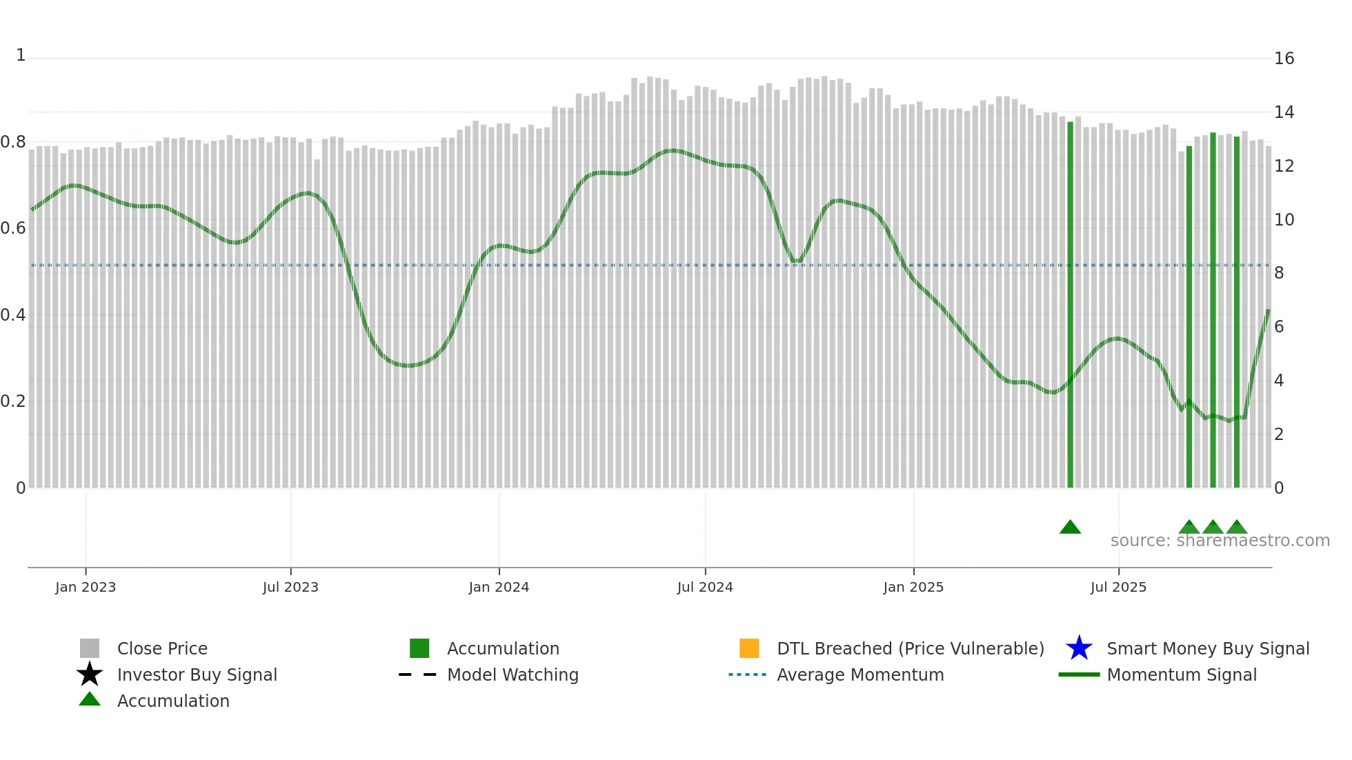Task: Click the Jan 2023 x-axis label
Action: tap(86, 587)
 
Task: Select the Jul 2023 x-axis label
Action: tap(290, 587)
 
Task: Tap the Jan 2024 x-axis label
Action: tap(499, 587)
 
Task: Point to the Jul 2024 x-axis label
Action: tap(705, 587)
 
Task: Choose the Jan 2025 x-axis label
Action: tap(913, 587)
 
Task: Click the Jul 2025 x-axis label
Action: tap(1118, 587)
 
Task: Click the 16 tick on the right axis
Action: tap(1284, 59)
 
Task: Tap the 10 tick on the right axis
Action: tap(1284, 220)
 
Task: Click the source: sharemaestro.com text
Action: tap(1220, 541)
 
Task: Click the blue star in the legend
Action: tap(1079, 648)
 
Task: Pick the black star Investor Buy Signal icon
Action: tap(90, 674)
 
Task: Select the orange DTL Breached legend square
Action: tap(749, 648)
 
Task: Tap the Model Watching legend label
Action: tap(513, 674)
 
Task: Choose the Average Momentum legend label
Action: tap(860, 674)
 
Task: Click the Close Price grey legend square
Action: tap(90, 648)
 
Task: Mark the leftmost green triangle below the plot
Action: tap(1070, 528)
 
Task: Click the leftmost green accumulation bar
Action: tap(1070, 303)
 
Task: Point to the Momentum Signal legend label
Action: tap(1182, 674)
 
